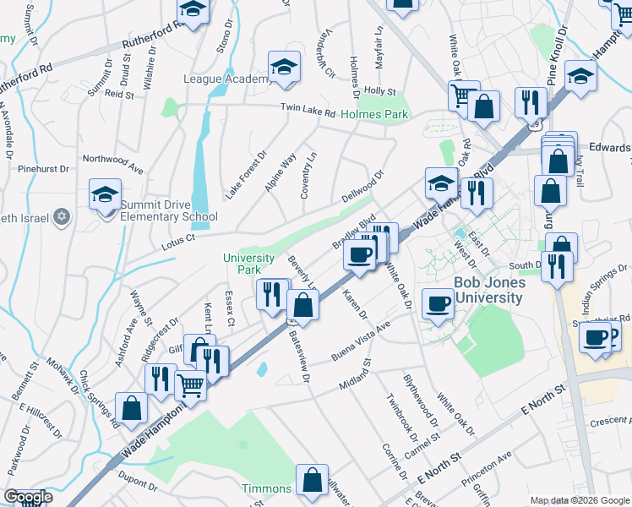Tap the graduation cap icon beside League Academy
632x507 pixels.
tap(285, 68)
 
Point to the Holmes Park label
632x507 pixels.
tap(374, 114)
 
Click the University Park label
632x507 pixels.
tap(248, 264)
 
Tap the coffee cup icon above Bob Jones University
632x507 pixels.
tap(438, 304)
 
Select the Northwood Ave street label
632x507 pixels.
tap(112, 163)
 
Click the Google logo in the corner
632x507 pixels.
tap(28, 497)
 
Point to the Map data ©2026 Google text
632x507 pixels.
tap(579, 500)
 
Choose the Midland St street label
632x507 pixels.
tap(356, 373)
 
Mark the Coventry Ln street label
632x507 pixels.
tap(308, 176)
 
